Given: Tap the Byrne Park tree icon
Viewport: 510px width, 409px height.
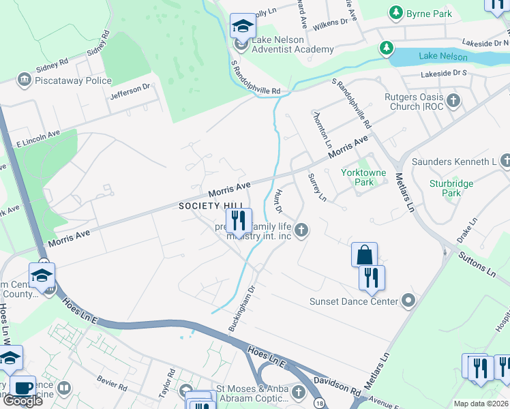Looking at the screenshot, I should pos(395,12).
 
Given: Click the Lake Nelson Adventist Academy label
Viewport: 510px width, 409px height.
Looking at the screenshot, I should pos(292,44).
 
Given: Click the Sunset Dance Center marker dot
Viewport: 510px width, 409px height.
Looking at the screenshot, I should pos(408,301).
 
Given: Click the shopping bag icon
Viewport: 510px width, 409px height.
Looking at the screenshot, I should pos(365,255).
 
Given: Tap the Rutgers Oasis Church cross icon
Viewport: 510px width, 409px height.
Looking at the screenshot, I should pos(453,102).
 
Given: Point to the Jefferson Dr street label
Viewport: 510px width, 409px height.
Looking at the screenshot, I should pos(131,89).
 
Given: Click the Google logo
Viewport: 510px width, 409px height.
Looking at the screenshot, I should pos(22,400).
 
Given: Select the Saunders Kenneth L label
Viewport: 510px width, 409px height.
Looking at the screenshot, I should pos(454,162).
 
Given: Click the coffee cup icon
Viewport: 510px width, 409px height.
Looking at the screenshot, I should pos(22,388).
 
